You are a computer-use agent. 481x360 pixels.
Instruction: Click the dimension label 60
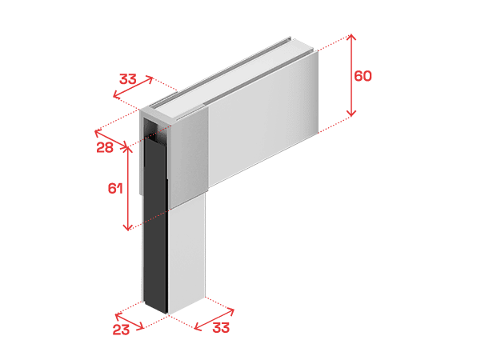coord(363,76)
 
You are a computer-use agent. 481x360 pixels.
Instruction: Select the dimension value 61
coord(115,188)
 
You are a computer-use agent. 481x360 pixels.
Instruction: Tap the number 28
coord(105,147)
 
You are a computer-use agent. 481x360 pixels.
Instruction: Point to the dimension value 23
coord(121,330)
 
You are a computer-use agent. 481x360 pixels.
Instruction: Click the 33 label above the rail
coord(127,79)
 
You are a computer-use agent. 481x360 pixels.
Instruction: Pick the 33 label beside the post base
coord(221,328)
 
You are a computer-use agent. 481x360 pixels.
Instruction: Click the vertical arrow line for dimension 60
coord(351,75)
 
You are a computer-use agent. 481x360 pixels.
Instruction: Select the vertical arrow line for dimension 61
coord(127,188)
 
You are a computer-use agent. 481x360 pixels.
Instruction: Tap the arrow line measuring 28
coord(110,140)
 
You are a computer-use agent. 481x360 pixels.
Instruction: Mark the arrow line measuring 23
coord(129,322)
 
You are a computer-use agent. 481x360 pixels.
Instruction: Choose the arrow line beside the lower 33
coord(214,320)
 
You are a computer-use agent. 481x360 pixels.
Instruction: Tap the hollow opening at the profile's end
coord(151,129)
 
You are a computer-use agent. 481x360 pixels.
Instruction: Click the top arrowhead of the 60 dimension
coord(351,37)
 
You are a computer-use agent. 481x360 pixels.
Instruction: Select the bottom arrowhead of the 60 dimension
coord(351,114)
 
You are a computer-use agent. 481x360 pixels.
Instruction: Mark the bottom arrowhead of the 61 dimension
coord(127,227)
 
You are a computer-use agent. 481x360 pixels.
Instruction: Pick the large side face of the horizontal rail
coord(263,118)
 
